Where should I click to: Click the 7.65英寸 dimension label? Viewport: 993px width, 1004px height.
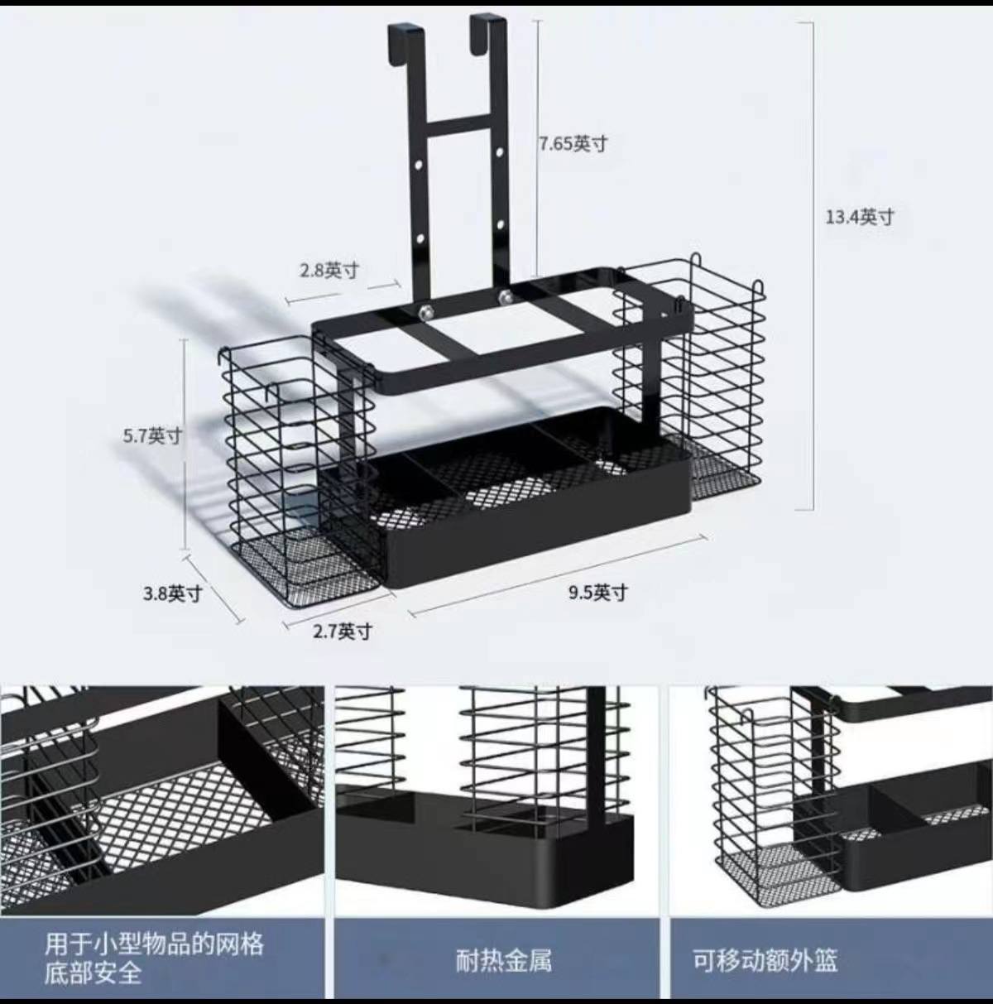point(573,144)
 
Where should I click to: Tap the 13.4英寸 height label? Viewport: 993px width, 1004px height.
point(860,218)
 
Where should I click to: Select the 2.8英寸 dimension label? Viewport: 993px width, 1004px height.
point(329,271)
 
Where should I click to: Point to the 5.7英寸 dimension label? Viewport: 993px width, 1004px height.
point(152,435)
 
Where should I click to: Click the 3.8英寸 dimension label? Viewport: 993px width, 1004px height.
point(172,593)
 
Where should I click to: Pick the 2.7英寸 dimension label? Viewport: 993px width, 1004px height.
point(343,632)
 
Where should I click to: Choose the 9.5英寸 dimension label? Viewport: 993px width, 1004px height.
point(597,593)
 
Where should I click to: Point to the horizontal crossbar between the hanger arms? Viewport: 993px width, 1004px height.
point(460,124)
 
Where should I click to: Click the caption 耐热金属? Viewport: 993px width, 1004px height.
point(503,960)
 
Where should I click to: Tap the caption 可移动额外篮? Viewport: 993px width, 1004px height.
point(765,960)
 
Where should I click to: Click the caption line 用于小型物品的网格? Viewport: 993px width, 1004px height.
point(154,944)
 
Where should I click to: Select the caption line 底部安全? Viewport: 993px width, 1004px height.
point(94,973)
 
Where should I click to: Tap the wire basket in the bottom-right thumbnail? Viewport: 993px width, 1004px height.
point(757,795)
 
